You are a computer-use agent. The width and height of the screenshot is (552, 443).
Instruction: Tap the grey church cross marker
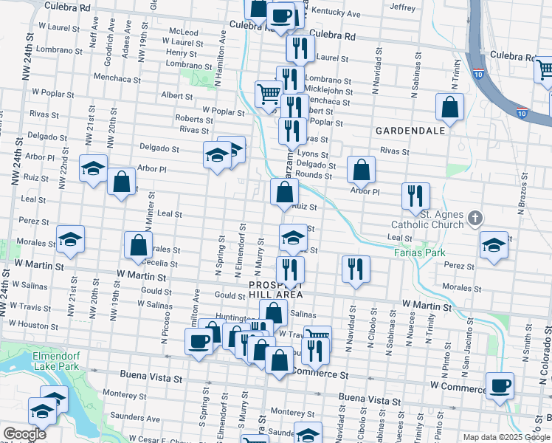click(475, 218)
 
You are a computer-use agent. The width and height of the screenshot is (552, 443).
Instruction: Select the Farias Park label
click(425, 253)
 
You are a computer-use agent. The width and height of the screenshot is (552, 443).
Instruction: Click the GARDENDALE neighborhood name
click(410, 130)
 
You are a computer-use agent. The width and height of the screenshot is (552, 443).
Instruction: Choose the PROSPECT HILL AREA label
click(277, 289)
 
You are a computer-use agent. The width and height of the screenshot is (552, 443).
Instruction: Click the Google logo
click(25, 434)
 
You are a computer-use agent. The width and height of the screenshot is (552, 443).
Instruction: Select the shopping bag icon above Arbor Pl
click(361, 171)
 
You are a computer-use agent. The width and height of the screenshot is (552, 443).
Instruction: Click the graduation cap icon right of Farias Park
click(494, 244)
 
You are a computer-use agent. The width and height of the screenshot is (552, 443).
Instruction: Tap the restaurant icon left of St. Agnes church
click(415, 195)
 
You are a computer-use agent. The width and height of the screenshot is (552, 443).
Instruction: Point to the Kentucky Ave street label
click(336, 13)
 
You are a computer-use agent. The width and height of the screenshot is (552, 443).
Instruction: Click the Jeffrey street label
click(402, 7)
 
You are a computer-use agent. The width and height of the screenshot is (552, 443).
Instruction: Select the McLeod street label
click(184, 32)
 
